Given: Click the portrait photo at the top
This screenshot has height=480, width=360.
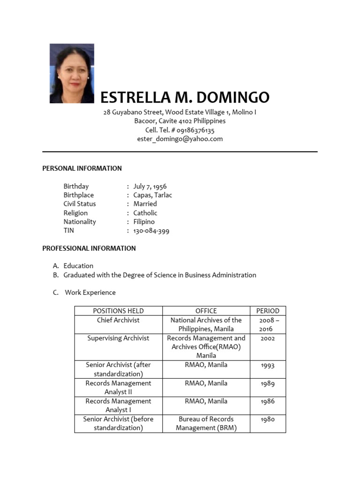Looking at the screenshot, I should [72, 73].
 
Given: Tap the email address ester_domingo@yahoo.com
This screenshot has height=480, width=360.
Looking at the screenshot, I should [180, 139].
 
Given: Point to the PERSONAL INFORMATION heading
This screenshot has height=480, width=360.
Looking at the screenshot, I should [82, 168].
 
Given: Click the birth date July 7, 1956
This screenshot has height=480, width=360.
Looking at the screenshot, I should [150, 186].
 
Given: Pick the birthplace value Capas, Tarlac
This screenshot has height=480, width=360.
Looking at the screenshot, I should [152, 195].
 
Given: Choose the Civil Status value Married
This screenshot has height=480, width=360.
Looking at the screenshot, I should [145, 204].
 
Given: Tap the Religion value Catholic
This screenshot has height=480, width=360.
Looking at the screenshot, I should [145, 213].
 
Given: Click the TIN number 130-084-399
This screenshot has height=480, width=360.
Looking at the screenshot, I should [151, 231].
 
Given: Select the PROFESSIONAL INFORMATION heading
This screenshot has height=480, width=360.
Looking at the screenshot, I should [89, 248].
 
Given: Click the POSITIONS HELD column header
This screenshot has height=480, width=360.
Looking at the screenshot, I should [118, 311].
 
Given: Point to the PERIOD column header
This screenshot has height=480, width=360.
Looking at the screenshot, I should [268, 311].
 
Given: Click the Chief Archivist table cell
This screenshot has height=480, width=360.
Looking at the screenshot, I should [118, 320].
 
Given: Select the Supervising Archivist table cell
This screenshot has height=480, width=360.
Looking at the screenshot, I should [118, 338].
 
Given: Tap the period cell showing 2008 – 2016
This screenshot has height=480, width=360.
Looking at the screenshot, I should [268, 324].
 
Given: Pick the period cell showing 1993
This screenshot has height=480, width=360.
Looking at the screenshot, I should [268, 365].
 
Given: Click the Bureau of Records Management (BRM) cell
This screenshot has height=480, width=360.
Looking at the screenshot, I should [206, 423].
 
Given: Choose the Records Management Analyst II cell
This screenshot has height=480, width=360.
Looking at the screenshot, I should [118, 387].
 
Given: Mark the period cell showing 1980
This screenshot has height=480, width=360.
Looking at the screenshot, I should [268, 420].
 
